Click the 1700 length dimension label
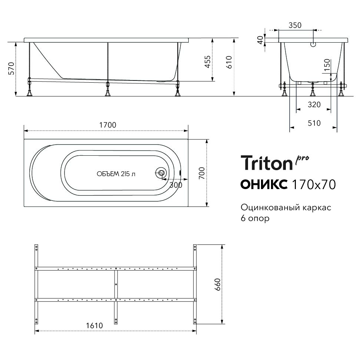pos(108,125)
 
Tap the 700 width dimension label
pos(201,173)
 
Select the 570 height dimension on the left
pos(11,69)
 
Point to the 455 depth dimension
pos(208,62)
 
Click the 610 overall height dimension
pos(229,62)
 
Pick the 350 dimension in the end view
pos(295,25)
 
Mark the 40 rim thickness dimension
pos(260,40)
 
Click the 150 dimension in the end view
pos(327,65)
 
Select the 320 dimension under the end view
pos(314,105)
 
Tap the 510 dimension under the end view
pos(314,123)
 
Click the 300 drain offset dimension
pos(176,185)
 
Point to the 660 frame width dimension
pos(217,284)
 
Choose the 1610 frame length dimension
pos(95,326)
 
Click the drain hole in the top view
pos(161,173)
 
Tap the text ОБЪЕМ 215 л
pos(116,174)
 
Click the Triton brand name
pos(267,163)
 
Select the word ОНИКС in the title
pos(264,184)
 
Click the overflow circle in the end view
pos(313,44)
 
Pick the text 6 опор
pos(255,218)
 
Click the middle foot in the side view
pos(108,93)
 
